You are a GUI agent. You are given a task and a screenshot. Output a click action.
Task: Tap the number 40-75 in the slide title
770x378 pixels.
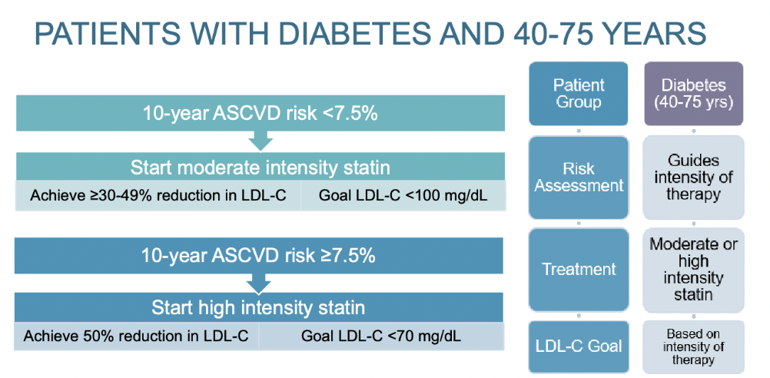point(543,36)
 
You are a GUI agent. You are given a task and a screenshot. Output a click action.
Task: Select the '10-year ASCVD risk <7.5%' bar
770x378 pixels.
point(260,114)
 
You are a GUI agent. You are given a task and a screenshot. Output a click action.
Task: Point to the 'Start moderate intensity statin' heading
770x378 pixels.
point(260,168)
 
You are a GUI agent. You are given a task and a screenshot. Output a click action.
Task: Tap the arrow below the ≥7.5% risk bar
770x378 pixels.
point(261,283)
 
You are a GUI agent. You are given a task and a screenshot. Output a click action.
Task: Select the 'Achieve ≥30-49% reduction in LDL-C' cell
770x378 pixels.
point(158,195)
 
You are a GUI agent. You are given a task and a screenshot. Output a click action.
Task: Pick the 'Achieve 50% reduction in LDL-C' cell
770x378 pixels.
point(137,336)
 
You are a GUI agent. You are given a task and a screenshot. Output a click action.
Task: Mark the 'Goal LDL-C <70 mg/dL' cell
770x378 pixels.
point(382,336)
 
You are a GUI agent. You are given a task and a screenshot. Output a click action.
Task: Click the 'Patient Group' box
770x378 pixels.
point(578,94)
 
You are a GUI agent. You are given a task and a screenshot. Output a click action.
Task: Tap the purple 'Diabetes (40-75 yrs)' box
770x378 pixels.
point(693,94)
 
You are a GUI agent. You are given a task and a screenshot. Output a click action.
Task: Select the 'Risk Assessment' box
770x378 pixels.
point(578,177)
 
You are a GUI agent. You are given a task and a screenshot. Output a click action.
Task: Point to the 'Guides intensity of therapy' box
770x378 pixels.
point(693,177)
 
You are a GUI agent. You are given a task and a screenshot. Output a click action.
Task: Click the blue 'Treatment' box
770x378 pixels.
point(578,270)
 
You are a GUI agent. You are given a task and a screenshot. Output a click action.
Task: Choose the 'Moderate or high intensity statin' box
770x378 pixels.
point(693,270)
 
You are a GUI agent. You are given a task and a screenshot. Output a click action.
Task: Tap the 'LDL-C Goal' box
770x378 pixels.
point(578,346)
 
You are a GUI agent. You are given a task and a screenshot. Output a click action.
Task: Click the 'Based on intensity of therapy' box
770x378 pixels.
point(693,346)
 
